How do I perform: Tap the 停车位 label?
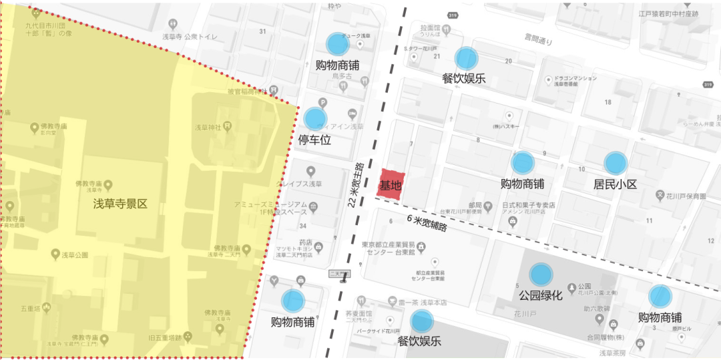[x=314, y=140]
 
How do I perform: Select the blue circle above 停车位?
[x=315, y=119]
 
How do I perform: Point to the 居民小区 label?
[x=616, y=184]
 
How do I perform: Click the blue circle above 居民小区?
[x=616, y=163]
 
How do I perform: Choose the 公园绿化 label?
[x=541, y=295]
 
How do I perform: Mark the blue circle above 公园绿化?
[x=541, y=274]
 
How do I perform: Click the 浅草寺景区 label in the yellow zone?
[x=120, y=203]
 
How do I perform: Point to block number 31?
[x=262, y=31]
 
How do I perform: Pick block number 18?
[x=608, y=102]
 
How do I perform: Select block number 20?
[x=508, y=61]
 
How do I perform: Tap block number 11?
[x=648, y=220]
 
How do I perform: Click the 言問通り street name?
[x=537, y=41]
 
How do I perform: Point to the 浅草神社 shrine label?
[x=207, y=127]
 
